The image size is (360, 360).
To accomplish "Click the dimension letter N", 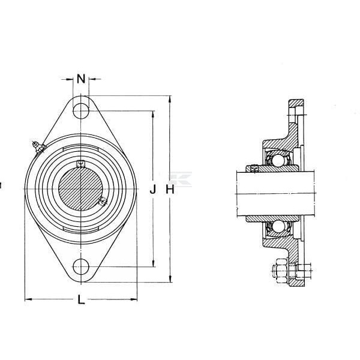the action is coord(81,79).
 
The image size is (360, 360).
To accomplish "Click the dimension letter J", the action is coord(152,190).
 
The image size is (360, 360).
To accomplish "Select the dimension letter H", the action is coord(170,190).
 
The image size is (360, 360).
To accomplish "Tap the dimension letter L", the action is coord(81,299).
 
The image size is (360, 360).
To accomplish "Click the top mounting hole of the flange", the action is coord(81,111).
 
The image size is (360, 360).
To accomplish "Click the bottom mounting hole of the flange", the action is coord(81,266).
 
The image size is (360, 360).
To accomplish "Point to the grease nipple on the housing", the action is coord(38,147).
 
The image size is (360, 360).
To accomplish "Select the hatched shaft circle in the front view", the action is coord(80,189).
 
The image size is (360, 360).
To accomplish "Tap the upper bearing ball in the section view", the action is coord(278,160).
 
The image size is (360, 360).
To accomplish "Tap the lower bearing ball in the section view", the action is coord(278,226).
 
